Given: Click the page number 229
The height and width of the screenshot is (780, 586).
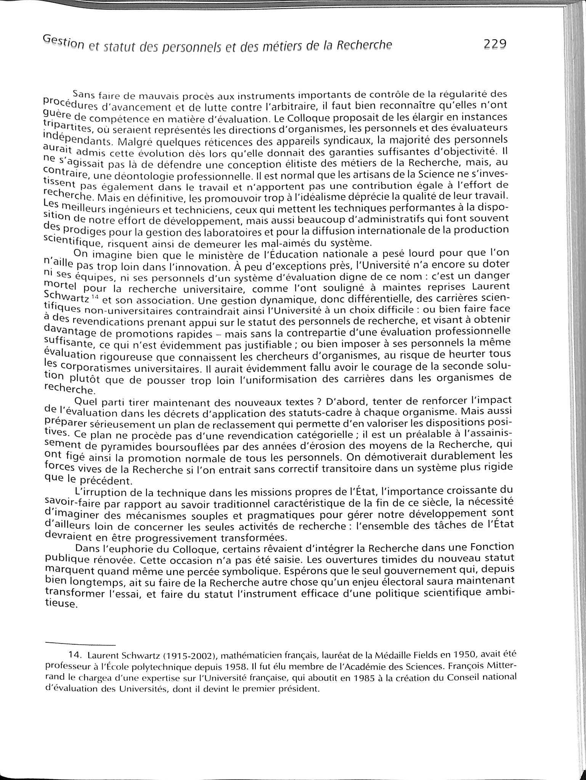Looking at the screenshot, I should coord(494,44).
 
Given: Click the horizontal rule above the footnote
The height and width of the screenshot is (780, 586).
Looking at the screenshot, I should coord(80,644).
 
